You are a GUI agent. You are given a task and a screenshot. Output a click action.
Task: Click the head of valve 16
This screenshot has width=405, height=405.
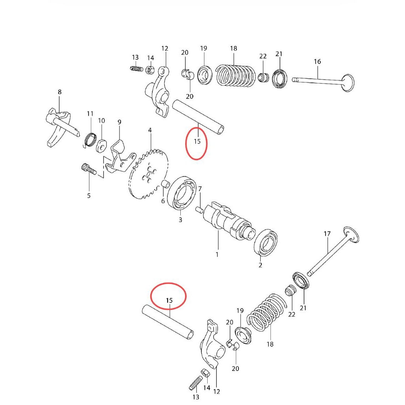point(348,82)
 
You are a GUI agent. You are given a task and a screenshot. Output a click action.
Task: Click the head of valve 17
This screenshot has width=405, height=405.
point(352,235)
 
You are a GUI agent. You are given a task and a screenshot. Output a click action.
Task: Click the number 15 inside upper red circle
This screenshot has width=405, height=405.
point(197,141)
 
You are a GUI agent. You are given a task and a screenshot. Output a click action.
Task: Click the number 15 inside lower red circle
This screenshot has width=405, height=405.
point(169,301)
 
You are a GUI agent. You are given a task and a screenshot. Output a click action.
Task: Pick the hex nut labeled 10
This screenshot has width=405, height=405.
point(101,145)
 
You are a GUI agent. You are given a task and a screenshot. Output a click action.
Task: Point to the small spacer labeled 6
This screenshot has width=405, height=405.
point(166,184)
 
